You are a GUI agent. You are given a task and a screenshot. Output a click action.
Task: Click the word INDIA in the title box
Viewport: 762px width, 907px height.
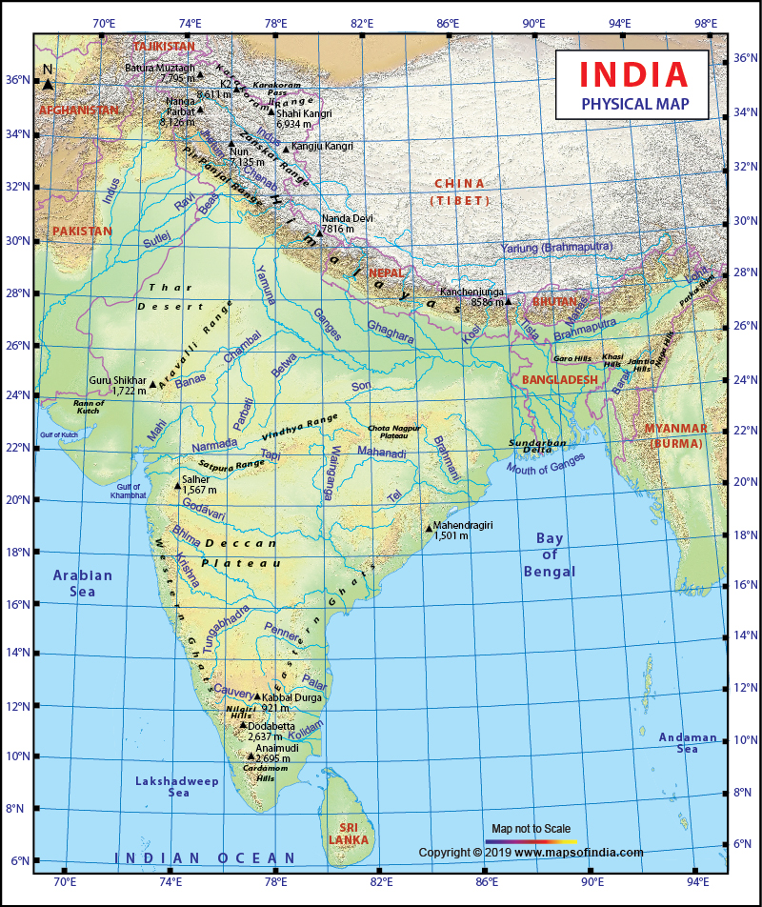coord(632,74)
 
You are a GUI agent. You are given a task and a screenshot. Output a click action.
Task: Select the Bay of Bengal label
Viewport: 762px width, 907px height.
coord(550,554)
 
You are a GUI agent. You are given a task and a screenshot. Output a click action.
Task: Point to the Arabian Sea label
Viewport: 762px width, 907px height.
coord(82,583)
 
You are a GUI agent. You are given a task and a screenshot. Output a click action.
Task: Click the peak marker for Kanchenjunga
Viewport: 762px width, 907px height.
coord(509,301)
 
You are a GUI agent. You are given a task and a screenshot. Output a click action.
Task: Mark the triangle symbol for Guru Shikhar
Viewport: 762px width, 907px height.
coord(153,385)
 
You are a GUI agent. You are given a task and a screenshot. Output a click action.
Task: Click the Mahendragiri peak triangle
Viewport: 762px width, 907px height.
coord(429,528)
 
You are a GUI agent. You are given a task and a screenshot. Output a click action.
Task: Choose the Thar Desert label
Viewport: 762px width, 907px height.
coord(170,296)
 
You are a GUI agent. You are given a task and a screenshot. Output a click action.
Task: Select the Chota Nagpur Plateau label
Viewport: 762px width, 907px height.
coord(393,432)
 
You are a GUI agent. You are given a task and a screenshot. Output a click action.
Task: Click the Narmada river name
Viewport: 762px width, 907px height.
coord(214,446)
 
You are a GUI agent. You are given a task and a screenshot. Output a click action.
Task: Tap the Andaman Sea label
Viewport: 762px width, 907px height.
coord(688,743)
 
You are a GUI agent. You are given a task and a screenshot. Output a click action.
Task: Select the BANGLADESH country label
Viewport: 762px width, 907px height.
coord(560,379)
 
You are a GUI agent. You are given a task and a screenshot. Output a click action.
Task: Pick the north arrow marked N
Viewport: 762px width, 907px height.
coord(48,79)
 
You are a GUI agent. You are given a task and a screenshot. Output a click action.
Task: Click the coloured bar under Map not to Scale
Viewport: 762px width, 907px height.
coord(531,842)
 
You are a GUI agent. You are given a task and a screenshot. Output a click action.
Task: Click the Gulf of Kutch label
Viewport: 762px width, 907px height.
coord(59,434)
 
